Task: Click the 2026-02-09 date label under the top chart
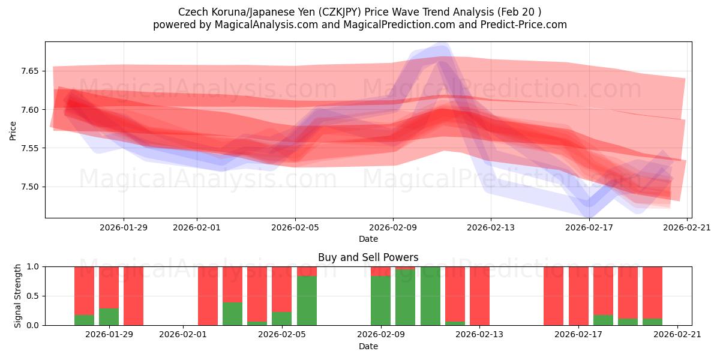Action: [393, 227]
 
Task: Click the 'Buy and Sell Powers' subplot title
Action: [368, 257]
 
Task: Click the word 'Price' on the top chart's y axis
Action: [13, 130]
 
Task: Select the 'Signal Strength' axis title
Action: [18, 295]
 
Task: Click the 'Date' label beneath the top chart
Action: [368, 239]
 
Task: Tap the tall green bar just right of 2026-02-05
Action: [307, 301]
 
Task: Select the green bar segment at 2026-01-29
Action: [109, 317]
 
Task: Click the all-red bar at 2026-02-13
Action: [479, 296]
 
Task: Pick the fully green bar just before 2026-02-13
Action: [430, 296]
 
